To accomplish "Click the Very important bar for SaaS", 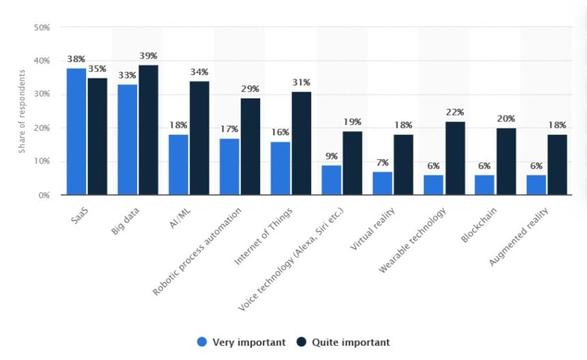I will (76, 132).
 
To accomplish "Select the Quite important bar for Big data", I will (148, 130).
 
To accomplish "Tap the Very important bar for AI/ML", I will (178, 165).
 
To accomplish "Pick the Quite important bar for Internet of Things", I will (302, 143).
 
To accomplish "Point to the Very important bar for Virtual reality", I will (382, 183).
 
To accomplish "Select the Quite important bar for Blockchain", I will (506, 162).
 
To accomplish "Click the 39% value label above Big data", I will (148, 56).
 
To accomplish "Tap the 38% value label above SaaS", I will (76, 59).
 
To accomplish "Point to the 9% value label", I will (331, 156).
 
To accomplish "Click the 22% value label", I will (455, 112).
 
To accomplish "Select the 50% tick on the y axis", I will (42, 27).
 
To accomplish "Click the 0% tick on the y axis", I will (44, 195).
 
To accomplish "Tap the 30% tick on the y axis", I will (42, 94).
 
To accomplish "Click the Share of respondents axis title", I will (22, 111).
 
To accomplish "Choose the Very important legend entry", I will (242, 342).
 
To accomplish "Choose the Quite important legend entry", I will (344, 342).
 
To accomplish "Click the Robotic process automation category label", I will (198, 250).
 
